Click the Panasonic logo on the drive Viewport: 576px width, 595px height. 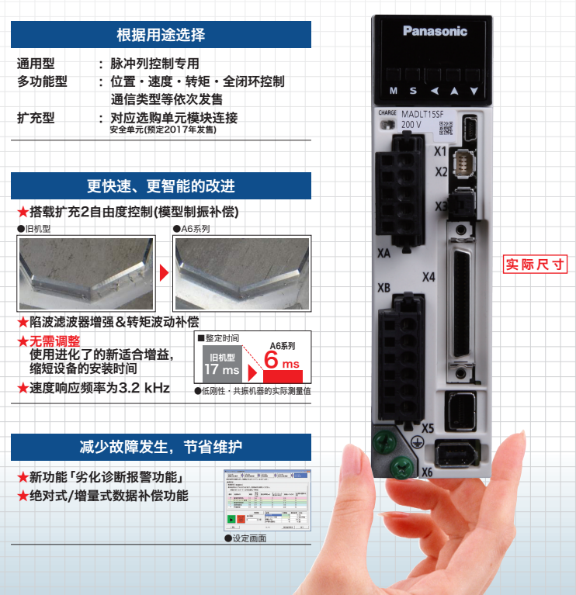pyautogui.click(x=435, y=31)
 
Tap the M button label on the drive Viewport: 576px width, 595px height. pyautogui.click(x=394, y=91)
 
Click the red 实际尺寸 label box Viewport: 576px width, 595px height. pyautogui.click(x=536, y=265)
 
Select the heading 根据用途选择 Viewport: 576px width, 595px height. pyautogui.click(x=161, y=35)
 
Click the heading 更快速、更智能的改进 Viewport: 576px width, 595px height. pyautogui.click(x=161, y=186)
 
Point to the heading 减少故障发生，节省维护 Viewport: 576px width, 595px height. pyautogui.click(x=161, y=447)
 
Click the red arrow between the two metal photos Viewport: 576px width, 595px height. pyautogui.click(x=164, y=273)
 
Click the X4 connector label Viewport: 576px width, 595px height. pyautogui.click(x=429, y=277)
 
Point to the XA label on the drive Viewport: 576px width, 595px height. pyautogui.click(x=383, y=253)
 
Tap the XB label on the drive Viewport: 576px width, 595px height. pyautogui.click(x=383, y=288)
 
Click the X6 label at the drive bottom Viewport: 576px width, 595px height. pyautogui.click(x=426, y=472)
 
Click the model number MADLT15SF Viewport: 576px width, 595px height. pyautogui.click(x=422, y=115)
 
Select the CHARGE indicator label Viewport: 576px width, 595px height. pyautogui.click(x=386, y=112)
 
